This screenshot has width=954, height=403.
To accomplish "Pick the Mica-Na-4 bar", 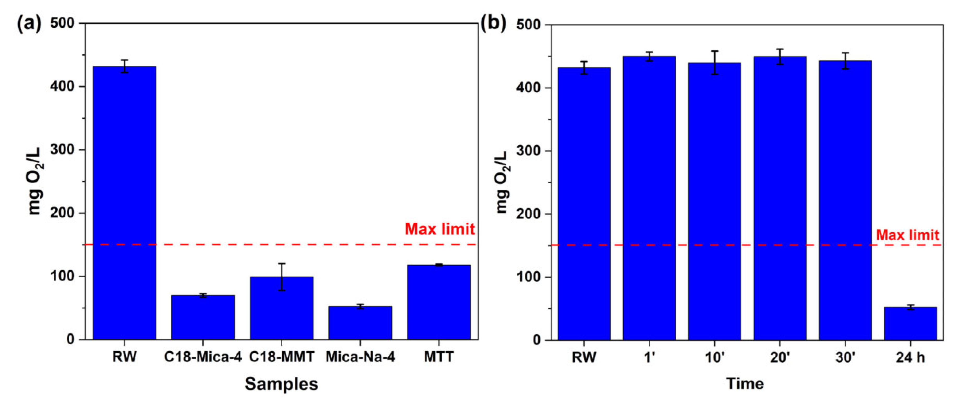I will [x=360, y=323].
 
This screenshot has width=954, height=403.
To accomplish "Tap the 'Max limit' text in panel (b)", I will [x=907, y=235].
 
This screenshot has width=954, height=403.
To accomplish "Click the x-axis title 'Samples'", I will [x=282, y=384].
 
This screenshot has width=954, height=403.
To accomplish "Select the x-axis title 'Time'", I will [x=745, y=384].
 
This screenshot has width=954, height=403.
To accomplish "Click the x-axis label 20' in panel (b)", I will [x=780, y=357].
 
